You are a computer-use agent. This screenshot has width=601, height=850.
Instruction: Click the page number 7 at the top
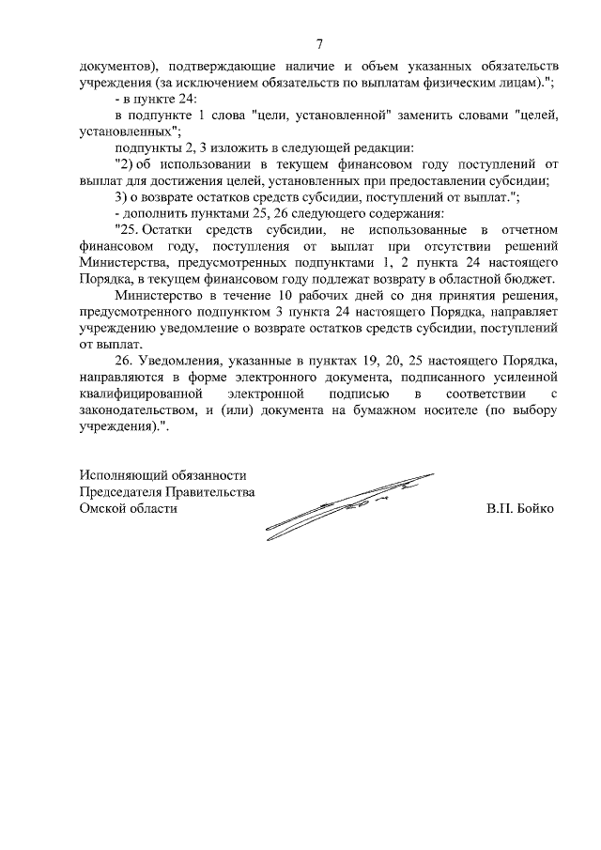(319, 45)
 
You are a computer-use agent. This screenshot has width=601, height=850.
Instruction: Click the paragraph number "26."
(123, 361)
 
